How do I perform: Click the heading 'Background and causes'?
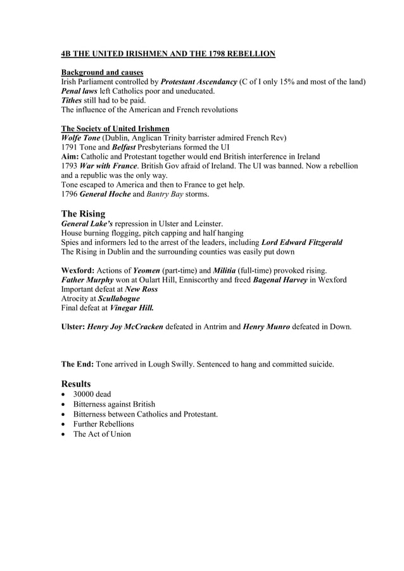tap(101, 72)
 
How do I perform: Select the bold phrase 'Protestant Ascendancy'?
tap(199, 82)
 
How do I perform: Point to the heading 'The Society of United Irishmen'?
tap(111, 129)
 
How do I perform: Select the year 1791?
tap(70, 147)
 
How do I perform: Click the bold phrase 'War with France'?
tap(111, 166)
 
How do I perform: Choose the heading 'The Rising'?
tap(83, 213)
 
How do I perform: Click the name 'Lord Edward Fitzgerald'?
tap(302, 242)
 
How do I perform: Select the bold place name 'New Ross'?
tap(141, 289)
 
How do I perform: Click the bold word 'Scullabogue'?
tap(119, 298)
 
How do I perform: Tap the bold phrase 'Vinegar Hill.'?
tap(131, 308)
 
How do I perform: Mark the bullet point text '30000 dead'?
tap(92, 394)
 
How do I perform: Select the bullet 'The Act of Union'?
tap(102, 434)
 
